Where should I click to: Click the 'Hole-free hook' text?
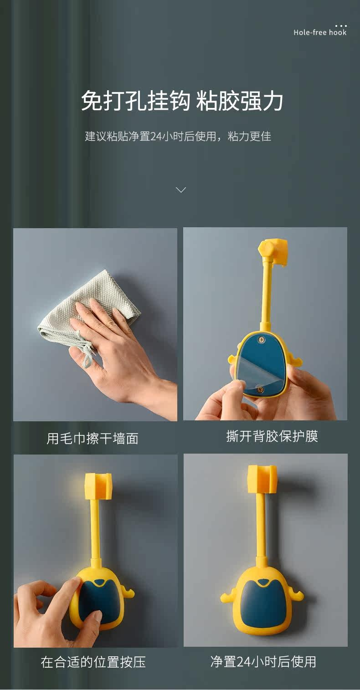pyautogui.click(x=320, y=32)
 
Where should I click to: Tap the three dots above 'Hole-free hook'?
pyautogui.click(x=341, y=26)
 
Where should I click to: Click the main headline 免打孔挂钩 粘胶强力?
pyautogui.click(x=182, y=100)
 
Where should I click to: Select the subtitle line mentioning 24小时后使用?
pyautogui.click(x=178, y=136)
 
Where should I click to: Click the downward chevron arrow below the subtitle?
pyautogui.click(x=180, y=190)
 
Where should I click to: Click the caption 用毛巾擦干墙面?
pyautogui.click(x=93, y=438)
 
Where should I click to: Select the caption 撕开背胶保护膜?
pyautogui.click(x=272, y=436)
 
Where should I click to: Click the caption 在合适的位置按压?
pyautogui.click(x=93, y=662)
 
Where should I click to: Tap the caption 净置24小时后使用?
pyautogui.click(x=263, y=661)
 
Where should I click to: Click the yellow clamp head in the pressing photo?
pyautogui.click(x=98, y=486)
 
